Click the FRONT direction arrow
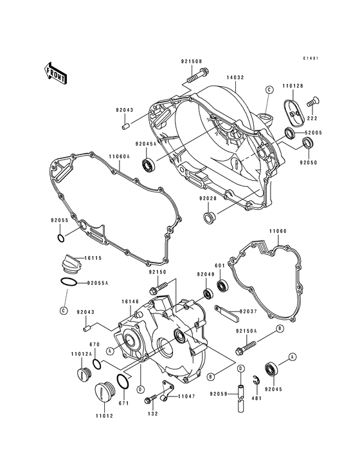point(56,73)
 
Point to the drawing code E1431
point(312,59)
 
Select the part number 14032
point(234,77)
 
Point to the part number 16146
point(125,300)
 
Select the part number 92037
point(248,311)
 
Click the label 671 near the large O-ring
point(125,403)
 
